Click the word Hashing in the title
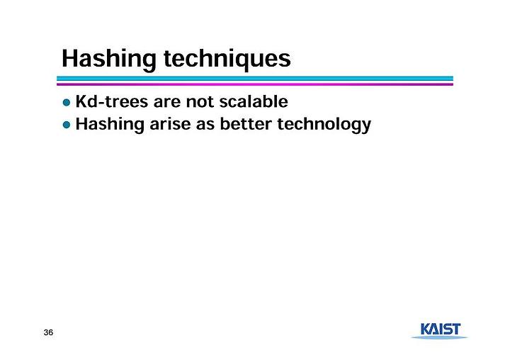coord(108,60)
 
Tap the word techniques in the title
coord(227,59)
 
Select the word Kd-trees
coord(112,101)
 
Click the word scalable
coord(254,101)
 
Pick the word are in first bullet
coord(167,103)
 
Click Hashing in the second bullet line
coord(110,124)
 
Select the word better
coord(246,124)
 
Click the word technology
coord(324,125)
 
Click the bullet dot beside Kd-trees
coord(67,103)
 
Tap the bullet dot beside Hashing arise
coord(67,125)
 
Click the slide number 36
coord(48,332)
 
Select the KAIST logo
coord(440,331)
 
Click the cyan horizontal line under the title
coord(255,79)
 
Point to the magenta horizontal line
coord(255,84)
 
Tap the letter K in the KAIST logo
coord(426,329)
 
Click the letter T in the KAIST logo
coord(455,329)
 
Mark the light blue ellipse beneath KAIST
coord(440,337)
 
